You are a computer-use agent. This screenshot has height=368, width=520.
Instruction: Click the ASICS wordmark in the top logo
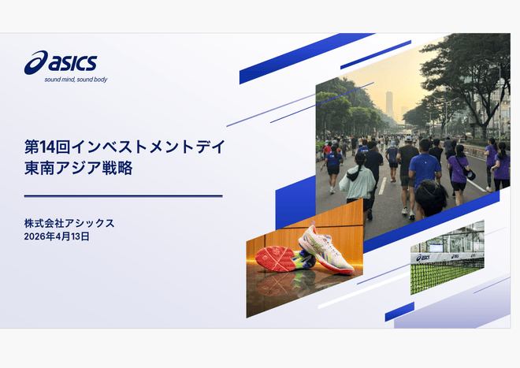click(76, 61)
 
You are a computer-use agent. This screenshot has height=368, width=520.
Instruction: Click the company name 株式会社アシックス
click(69, 223)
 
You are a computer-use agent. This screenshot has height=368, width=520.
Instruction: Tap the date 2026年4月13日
click(57, 236)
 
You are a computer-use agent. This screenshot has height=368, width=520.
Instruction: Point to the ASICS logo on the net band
click(424, 257)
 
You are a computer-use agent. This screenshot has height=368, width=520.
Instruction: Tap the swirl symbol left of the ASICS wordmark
click(36, 61)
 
